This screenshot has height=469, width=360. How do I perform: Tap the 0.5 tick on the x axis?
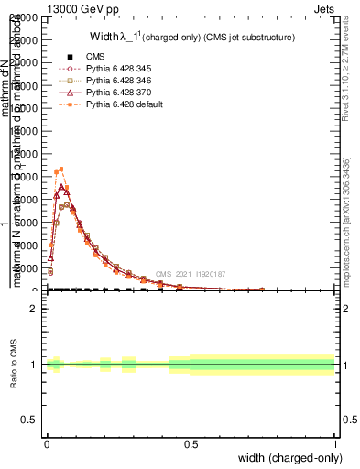tap(191, 443)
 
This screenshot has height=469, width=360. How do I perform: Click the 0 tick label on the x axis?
tap(46, 443)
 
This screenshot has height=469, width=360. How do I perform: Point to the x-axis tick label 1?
tap(335, 443)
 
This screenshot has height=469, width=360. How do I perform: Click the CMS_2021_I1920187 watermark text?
tap(191, 273)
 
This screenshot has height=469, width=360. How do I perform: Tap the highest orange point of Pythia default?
tap(61, 169)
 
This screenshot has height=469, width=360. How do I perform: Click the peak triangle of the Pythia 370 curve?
tap(61, 187)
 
